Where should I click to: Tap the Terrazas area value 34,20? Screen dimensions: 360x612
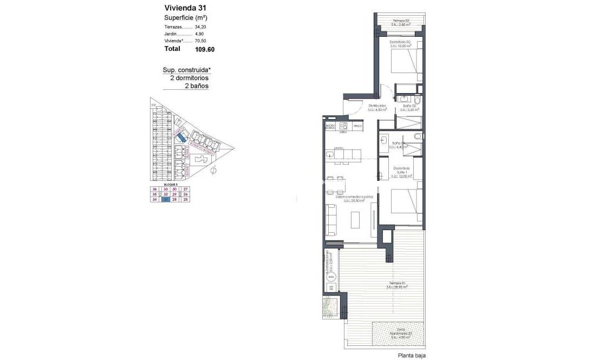tap(201, 26)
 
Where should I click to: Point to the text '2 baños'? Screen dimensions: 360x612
tap(197, 86)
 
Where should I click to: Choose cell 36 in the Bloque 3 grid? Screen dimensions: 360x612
tap(155, 188)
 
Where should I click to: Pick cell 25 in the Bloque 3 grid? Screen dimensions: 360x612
tap(186, 200)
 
